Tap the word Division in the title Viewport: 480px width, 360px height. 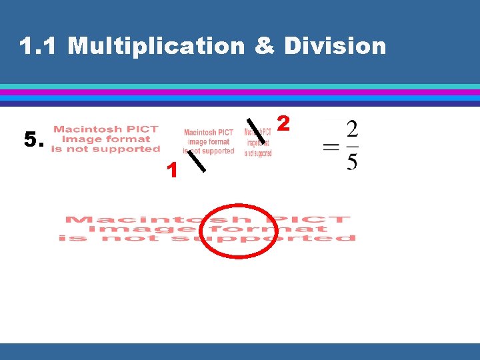click(335, 46)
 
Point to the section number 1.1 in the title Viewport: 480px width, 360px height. click(40, 46)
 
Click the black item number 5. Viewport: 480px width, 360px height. click(34, 140)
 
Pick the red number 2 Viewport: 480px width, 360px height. click(283, 123)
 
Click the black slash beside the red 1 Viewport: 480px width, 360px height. click(196, 161)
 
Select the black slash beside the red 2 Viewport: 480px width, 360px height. click(255, 131)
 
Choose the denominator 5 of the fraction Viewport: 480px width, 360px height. click(352, 162)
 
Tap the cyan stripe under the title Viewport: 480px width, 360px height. click(240, 87)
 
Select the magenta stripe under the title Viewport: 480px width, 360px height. click(240, 92)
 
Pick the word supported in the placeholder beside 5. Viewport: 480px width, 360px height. click(127, 149)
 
